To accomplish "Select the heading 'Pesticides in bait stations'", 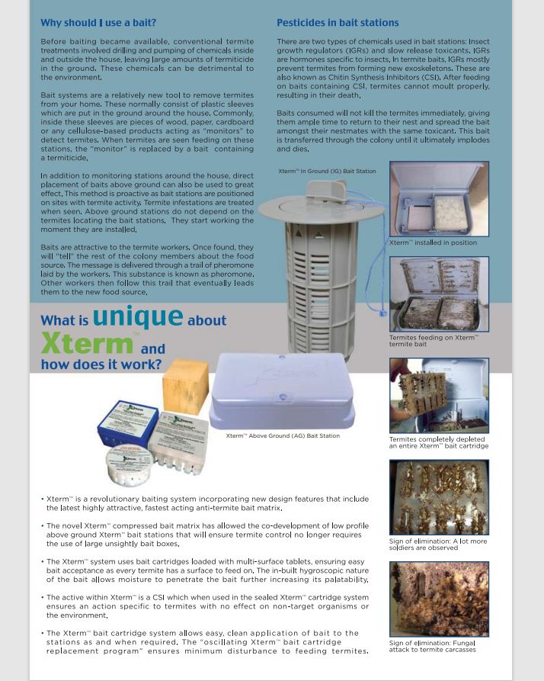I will coord(338,23).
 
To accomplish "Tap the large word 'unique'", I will coord(137,316).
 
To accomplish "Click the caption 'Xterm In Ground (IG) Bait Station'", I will coord(327,172).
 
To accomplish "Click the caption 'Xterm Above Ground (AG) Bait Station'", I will coord(283,436).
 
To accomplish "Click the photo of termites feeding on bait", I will coord(438,294).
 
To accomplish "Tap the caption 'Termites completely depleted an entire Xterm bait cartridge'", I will coord(439,442).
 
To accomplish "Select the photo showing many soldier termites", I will coord(438,497).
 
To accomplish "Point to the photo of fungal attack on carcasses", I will coord(438,599).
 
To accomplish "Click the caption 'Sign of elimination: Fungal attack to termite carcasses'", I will coord(432,647).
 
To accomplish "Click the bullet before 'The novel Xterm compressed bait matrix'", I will coord(43,526).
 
